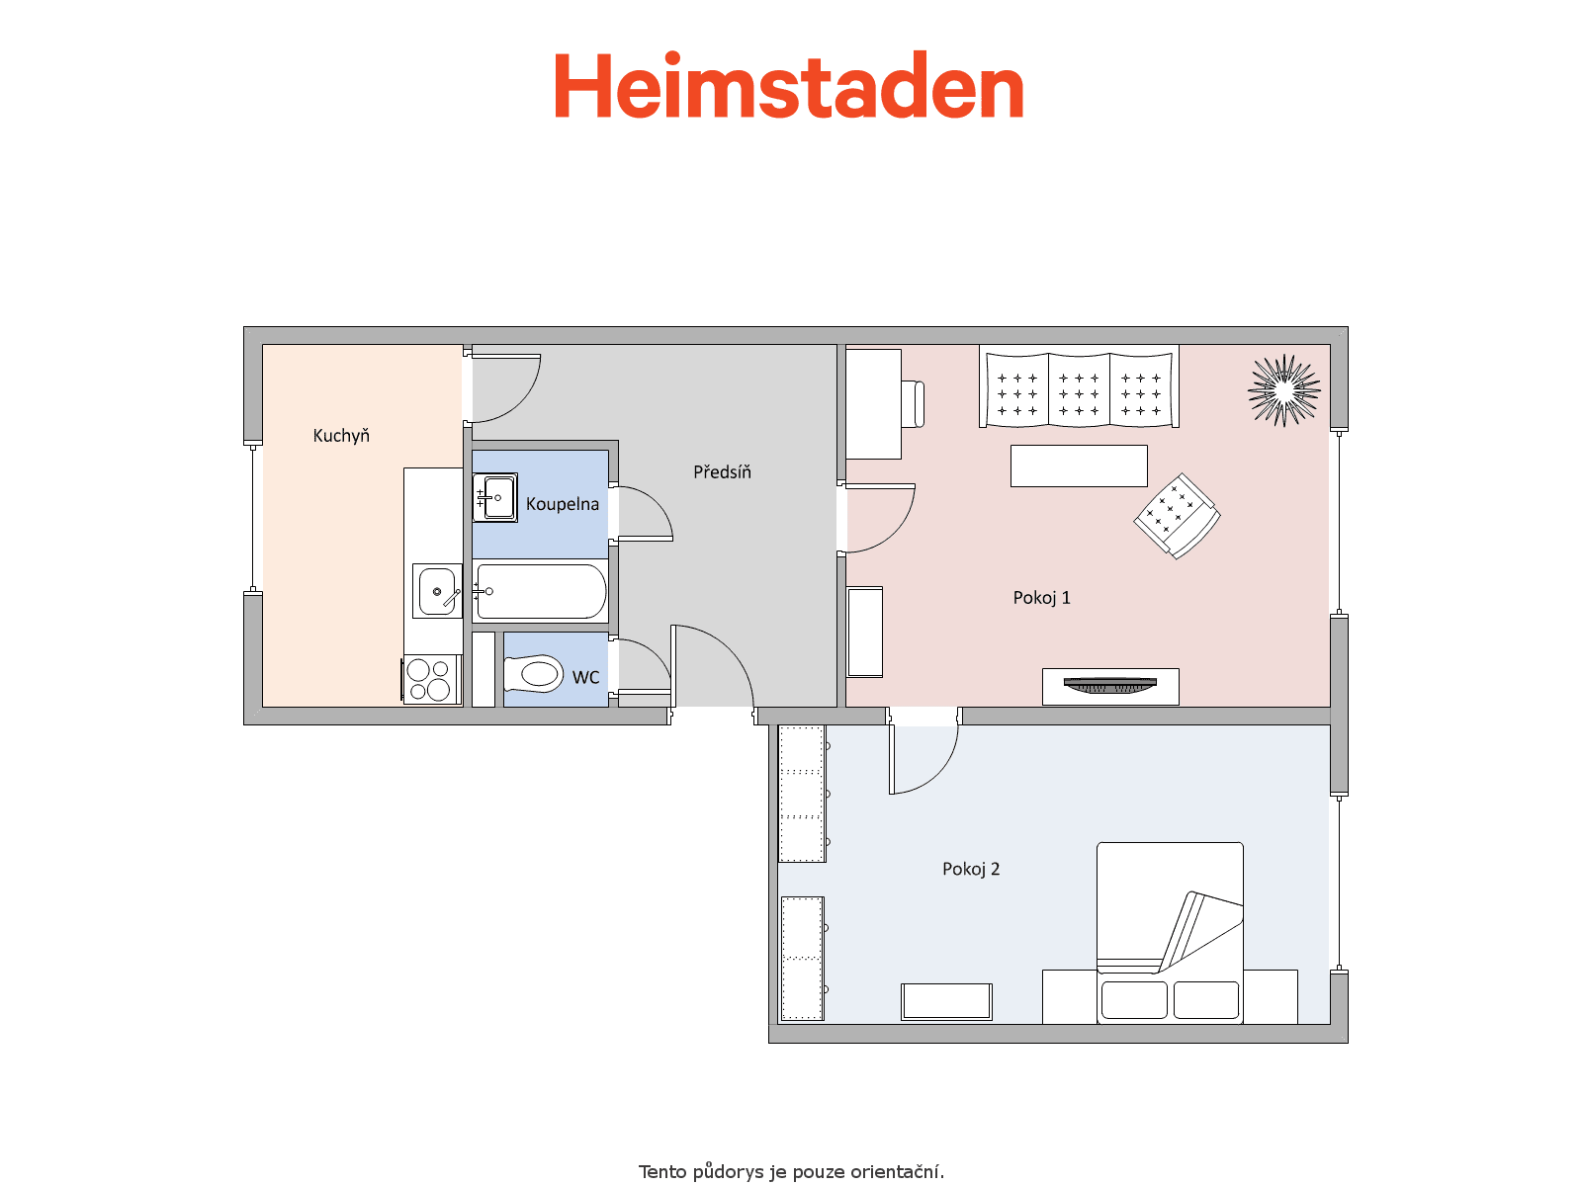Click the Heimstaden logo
[788, 85]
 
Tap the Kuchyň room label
[341, 436]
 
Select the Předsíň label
[722, 471]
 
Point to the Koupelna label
[563, 504]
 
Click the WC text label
[585, 678]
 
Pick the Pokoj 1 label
[1041, 598]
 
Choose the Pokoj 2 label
[971, 869]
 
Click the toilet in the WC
[533, 674]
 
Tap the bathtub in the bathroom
[541, 591]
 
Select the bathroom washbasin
[495, 497]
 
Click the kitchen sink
[437, 591]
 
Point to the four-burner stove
[432, 679]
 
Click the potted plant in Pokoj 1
[1283, 390]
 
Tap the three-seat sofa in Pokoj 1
[1079, 386]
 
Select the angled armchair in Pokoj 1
[1177, 516]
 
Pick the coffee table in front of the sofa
[1079, 466]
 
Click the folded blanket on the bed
[1199, 932]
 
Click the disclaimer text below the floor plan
[791, 1172]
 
